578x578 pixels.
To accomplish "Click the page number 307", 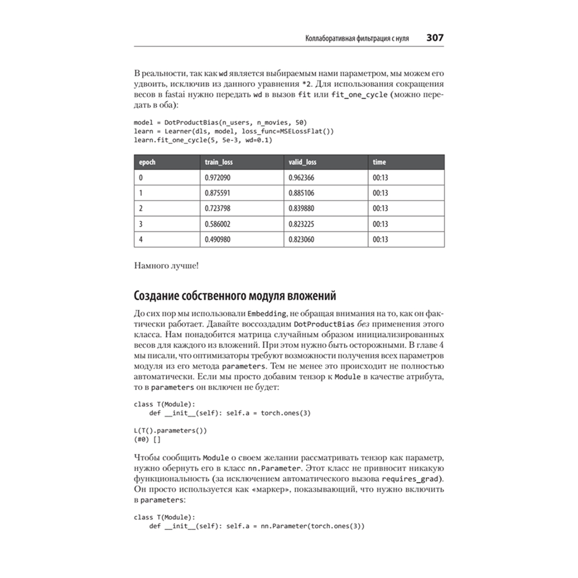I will coord(435,38).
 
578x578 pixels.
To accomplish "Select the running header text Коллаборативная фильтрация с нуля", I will coord(357,39).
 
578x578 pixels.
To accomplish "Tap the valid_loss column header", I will coord(302,162).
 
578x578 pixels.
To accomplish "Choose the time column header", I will coord(379,162).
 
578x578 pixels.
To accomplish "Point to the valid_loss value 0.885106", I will coord(302,193).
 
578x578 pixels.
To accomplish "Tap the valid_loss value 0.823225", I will coord(302,224).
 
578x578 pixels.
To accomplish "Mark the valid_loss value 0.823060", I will coord(302,239).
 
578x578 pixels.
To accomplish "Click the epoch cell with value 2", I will coord(141,208).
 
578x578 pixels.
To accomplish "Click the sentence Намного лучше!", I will coord(166,266).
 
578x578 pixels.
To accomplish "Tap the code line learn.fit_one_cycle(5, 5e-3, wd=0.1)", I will coord(203,140).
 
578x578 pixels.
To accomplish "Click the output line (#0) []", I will coord(147,439).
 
